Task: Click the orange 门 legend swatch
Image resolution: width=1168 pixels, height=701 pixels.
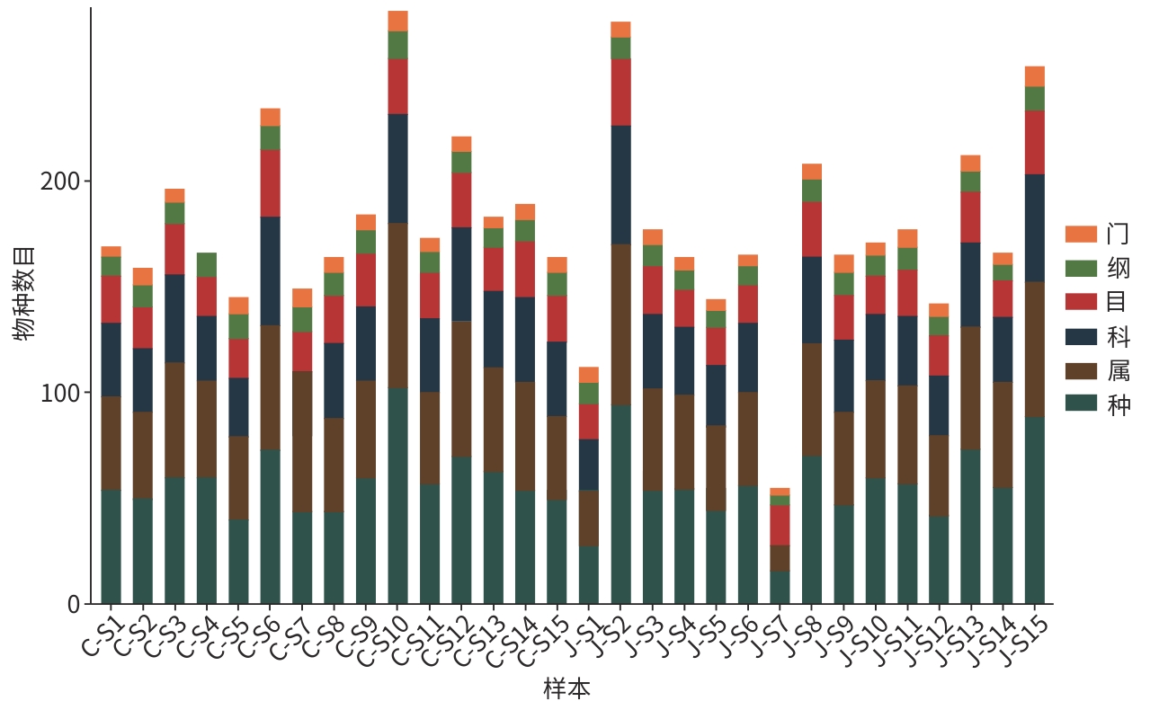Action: (x=1081, y=235)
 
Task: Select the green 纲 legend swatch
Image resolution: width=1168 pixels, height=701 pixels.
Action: (x=1081, y=269)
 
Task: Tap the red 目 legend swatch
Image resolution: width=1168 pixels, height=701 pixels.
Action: (x=1081, y=302)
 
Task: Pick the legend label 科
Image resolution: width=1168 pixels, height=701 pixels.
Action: (x=1119, y=337)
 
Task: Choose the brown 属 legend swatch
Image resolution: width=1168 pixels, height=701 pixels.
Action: (x=1081, y=370)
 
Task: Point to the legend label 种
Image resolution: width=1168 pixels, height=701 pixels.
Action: (x=1119, y=405)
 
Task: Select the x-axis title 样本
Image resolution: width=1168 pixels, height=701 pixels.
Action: (x=567, y=688)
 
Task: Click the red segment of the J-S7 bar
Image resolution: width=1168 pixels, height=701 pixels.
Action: (x=780, y=525)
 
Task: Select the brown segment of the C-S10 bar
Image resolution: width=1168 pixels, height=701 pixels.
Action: (x=397, y=306)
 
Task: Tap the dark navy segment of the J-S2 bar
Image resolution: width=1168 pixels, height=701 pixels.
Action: (x=620, y=184)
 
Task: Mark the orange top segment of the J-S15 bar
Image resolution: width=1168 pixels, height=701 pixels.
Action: (x=1035, y=76)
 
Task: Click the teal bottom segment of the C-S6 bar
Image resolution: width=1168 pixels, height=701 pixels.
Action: (x=271, y=527)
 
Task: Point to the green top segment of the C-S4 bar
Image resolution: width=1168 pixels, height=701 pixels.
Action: (x=207, y=264)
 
